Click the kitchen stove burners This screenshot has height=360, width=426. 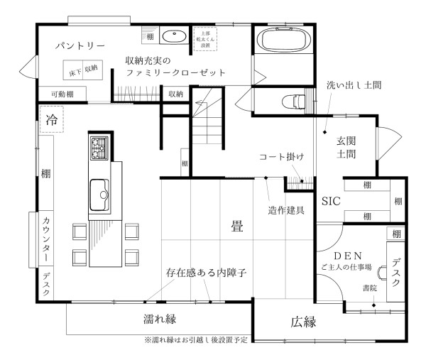(x=98, y=148)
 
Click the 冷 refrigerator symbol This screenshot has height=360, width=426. (x=51, y=118)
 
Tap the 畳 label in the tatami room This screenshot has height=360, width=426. (x=236, y=226)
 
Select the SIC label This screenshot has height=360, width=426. (x=332, y=201)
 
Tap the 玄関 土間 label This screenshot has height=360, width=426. (x=346, y=146)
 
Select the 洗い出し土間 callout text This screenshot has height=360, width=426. (x=354, y=84)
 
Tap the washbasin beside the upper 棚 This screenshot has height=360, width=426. (x=173, y=36)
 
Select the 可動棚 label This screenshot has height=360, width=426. (x=53, y=94)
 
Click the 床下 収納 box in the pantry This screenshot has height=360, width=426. (x=83, y=69)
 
